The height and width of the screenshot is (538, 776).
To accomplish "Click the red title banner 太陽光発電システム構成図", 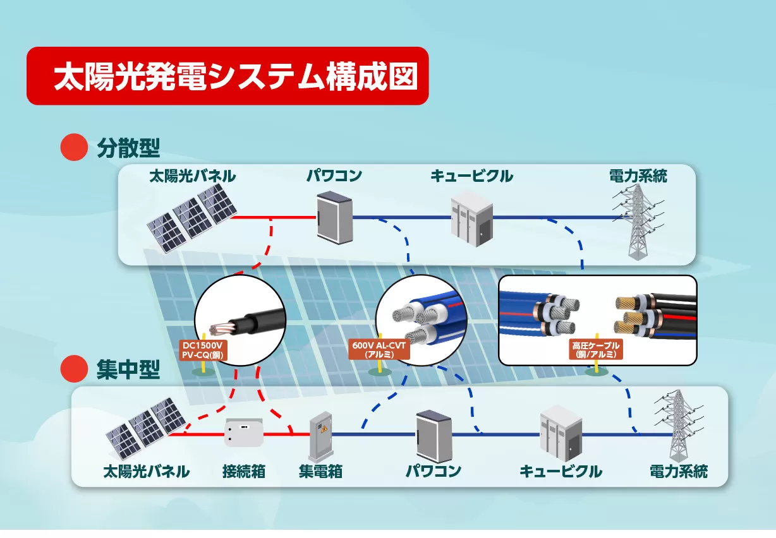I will (227, 76).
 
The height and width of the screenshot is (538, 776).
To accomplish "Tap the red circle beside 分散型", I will (73, 147).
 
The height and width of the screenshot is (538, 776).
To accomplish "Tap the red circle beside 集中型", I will (73, 369).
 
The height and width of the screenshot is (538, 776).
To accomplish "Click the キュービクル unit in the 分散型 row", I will (471, 218).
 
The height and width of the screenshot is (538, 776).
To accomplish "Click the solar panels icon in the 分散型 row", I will (193, 217).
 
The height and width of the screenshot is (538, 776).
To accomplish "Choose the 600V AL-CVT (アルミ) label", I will (379, 350).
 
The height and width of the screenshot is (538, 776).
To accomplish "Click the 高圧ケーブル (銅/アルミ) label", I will (596, 350).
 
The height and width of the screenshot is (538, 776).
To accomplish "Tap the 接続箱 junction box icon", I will (243, 433).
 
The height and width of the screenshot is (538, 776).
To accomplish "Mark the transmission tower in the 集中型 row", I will (679, 426).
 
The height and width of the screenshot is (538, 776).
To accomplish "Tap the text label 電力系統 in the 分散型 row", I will (638, 176).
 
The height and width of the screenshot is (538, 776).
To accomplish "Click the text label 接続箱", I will (243, 471).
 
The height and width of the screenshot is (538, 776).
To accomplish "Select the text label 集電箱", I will (320, 471).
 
